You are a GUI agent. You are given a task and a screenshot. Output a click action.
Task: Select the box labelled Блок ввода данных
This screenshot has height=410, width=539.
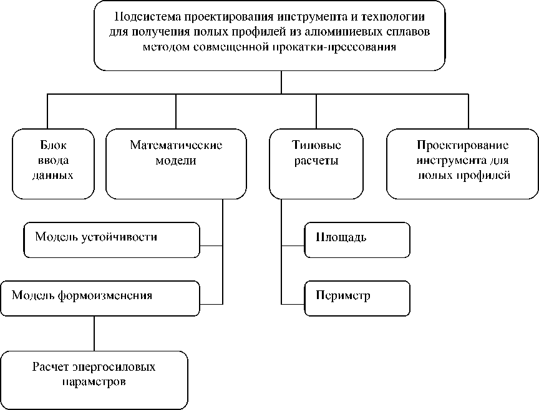point(52,162)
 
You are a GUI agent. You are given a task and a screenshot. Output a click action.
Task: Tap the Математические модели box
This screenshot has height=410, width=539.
point(177,163)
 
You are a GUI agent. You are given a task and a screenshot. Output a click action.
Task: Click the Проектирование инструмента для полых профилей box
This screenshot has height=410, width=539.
point(462,163)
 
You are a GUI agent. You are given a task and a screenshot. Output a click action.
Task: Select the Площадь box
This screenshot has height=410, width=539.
point(357,240)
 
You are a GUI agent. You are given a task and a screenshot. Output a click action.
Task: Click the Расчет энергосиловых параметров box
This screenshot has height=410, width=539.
point(94,379)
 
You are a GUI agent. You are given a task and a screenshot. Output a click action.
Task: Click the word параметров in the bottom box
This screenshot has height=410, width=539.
point(94,381)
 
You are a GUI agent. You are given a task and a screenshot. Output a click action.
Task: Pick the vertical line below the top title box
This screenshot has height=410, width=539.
point(281,82)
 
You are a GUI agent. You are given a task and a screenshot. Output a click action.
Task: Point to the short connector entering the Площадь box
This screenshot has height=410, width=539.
point(293,246)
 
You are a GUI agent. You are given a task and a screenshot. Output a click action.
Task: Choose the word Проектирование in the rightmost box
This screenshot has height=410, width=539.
point(462,146)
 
